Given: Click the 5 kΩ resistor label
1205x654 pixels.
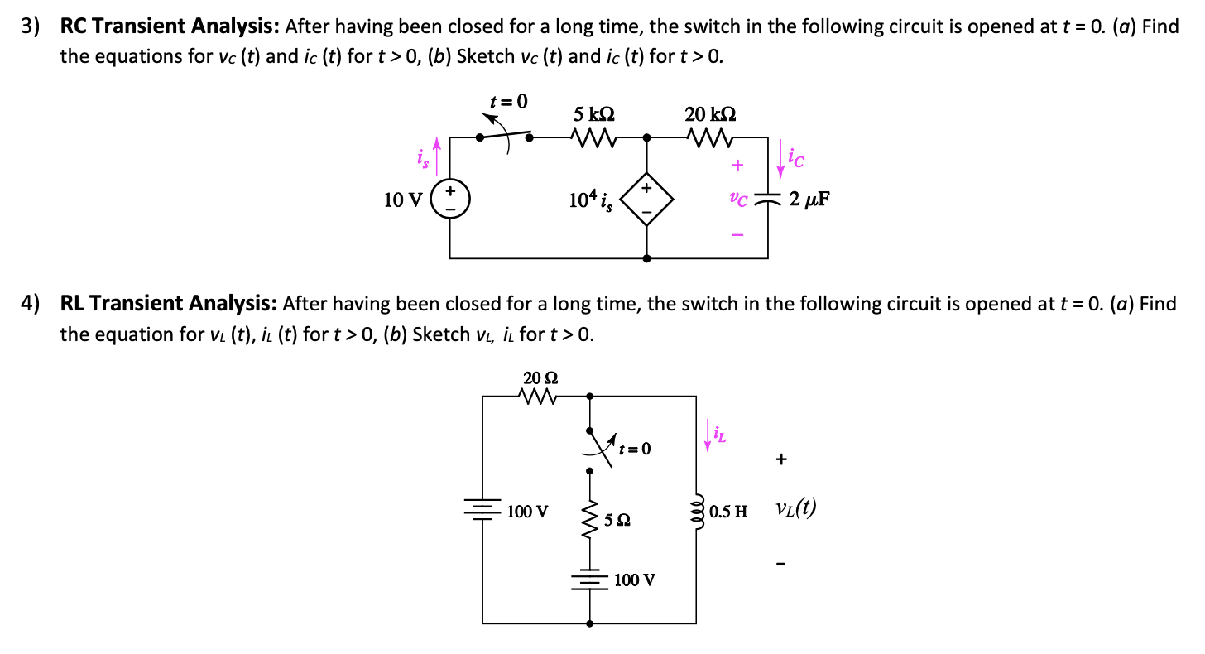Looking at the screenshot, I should [594, 113].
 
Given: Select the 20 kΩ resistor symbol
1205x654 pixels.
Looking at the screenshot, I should [709, 137].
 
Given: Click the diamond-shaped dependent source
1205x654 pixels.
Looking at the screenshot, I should [646, 200].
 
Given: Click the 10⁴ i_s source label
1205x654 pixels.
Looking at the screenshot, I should [591, 200].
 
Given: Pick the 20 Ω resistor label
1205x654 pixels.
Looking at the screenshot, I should [540, 377].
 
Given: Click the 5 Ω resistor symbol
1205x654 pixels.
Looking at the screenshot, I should [590, 519].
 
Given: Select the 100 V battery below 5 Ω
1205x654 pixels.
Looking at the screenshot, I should [590, 579].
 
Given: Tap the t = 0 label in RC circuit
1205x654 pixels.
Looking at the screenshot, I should [508, 102].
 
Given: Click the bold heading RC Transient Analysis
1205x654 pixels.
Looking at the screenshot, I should [170, 26].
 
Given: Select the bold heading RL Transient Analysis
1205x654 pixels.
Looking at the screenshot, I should [170, 304].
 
